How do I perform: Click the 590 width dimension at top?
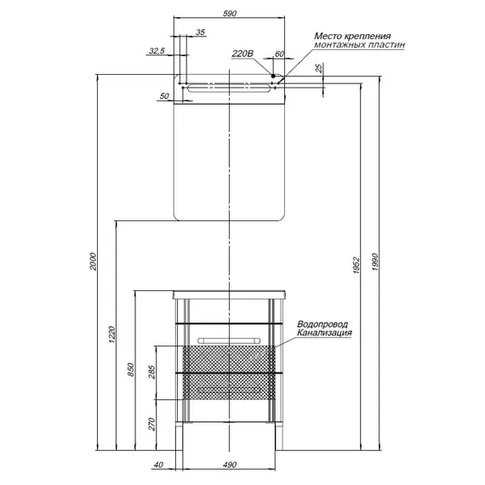[230, 14]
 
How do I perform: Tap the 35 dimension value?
[201, 32]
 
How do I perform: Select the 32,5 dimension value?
[157, 51]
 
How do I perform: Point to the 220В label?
[242, 54]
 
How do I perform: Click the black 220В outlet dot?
[273, 76]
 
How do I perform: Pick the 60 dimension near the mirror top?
[279, 54]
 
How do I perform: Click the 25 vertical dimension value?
[319, 68]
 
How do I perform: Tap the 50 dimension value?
[164, 96]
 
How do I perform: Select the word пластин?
[386, 45]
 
